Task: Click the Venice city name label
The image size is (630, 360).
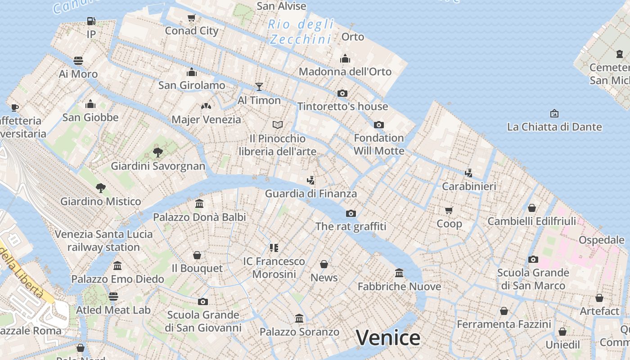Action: (388, 338)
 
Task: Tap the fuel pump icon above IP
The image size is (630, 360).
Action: (91, 21)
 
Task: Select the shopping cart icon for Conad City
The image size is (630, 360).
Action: (191, 18)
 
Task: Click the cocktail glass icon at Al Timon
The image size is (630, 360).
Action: (259, 86)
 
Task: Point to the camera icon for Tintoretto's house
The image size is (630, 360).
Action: (342, 93)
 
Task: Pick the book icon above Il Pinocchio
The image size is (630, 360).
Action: (278, 125)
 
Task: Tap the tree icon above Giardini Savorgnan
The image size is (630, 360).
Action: (157, 152)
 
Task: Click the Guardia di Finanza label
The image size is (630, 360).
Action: (310, 194)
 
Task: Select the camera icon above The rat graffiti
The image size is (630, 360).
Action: (351, 213)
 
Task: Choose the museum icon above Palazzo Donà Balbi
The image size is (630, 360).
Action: (199, 204)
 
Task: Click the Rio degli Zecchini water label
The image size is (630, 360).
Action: (301, 31)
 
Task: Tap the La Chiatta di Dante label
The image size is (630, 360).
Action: (554, 127)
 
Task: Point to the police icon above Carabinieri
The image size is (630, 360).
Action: (469, 173)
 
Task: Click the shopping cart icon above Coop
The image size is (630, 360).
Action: (449, 210)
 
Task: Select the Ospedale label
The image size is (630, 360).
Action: (602, 240)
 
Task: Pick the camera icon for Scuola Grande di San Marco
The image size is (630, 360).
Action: (533, 259)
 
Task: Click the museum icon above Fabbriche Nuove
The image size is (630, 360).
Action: (399, 273)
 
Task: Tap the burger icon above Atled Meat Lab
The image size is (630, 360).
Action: (113, 296)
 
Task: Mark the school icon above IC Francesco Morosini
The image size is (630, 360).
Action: (274, 247)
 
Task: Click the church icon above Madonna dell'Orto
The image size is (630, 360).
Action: (345, 58)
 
